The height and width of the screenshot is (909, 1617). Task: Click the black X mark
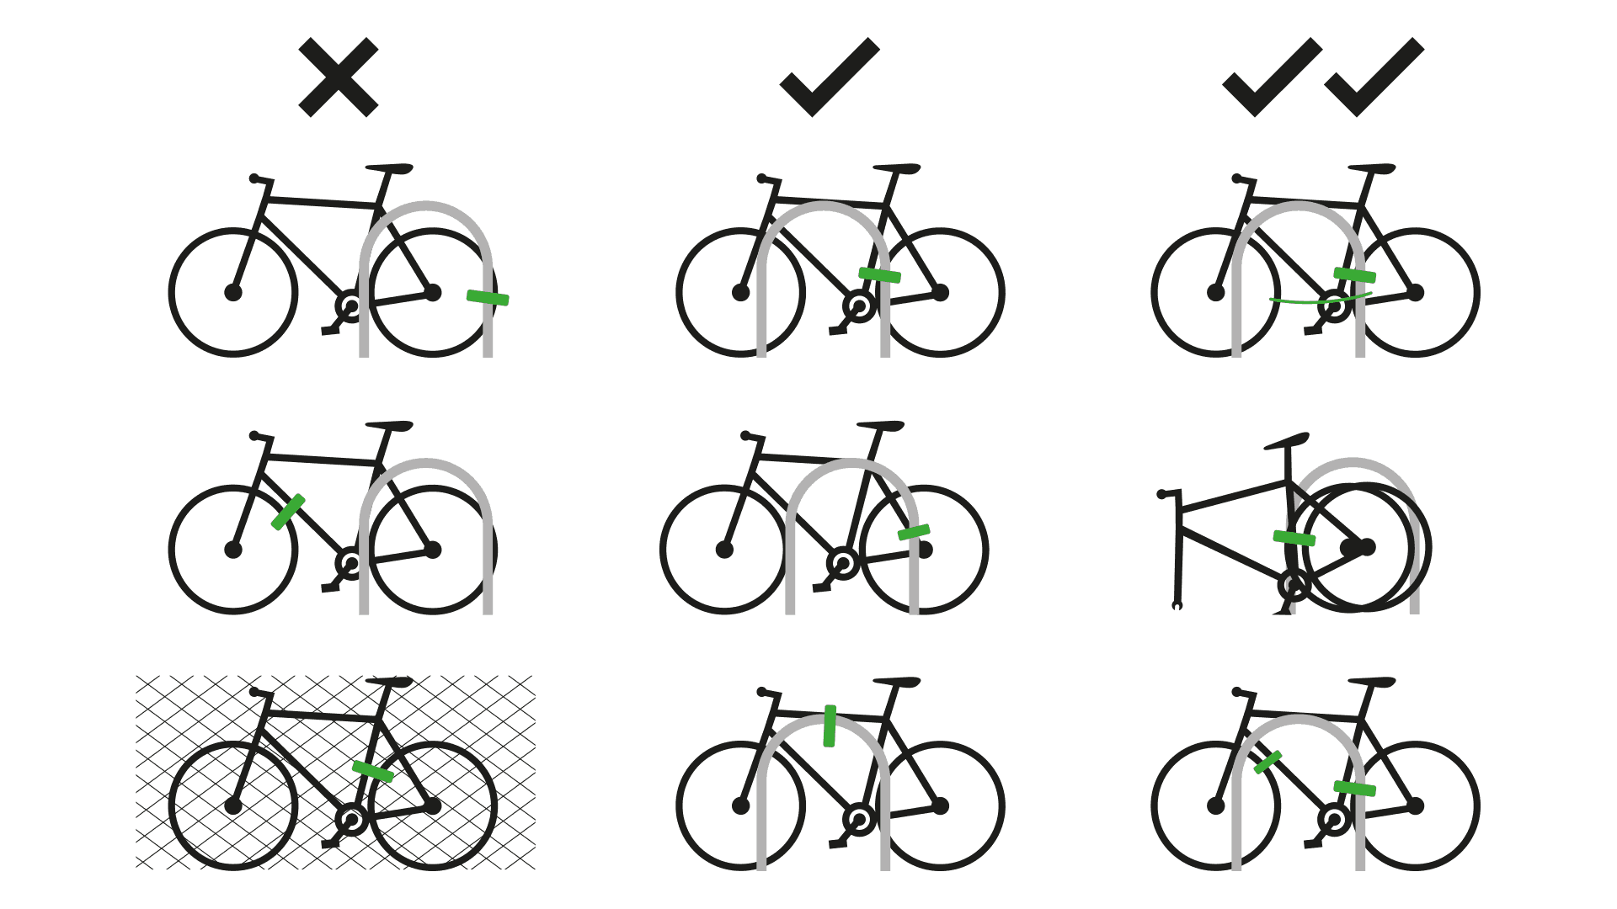tap(338, 77)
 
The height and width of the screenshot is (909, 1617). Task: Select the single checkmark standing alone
tap(829, 78)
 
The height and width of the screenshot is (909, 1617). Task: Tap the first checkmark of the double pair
tap(1271, 78)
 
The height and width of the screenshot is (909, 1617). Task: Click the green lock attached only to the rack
tap(488, 297)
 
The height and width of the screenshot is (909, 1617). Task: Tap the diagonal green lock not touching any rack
tap(288, 512)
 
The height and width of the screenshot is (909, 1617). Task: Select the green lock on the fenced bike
tap(372, 771)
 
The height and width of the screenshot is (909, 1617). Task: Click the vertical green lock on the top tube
tap(830, 726)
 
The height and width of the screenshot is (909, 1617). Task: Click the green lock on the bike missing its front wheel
tap(1294, 538)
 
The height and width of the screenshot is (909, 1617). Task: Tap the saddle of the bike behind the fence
tap(390, 681)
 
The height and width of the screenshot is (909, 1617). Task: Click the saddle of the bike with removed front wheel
tap(1286, 441)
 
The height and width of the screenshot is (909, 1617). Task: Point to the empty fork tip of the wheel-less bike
tap(1177, 605)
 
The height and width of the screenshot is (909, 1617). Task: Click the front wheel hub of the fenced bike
tap(233, 805)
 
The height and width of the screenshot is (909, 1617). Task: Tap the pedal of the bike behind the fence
tap(330, 843)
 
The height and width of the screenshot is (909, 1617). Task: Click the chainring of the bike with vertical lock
tap(859, 818)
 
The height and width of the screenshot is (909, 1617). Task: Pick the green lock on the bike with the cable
tap(1354, 274)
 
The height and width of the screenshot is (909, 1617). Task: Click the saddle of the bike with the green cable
tap(1371, 168)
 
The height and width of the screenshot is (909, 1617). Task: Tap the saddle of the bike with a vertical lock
tap(896, 682)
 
